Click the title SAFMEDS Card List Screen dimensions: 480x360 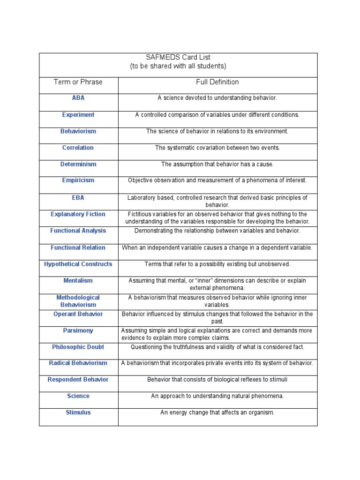pos(178,57)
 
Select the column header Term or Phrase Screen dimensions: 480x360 pos(78,82)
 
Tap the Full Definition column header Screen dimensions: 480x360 pos(217,82)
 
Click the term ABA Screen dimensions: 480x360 pos(78,98)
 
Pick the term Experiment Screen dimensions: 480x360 pos(78,115)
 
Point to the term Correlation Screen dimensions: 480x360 pos(78,148)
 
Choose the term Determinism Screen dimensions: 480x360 pos(78,164)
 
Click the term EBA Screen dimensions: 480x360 pos(78,198)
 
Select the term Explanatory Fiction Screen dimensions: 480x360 pos(78,214)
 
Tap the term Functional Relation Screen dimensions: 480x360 pos(78,247)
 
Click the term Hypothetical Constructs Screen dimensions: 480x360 pos(78,264)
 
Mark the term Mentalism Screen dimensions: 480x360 pos(78,281)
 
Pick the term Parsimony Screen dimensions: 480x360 pos(78,330)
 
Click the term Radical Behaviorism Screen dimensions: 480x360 pos(78,363)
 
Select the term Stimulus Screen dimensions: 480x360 pos(78,412)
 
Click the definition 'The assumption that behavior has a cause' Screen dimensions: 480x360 pos(217,165)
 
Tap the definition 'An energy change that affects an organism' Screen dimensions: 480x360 pos(217,412)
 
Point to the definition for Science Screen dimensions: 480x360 pos(217,396)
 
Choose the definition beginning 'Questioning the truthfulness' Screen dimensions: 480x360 pos(217,347)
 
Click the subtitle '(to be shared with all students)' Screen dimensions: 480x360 pos(178,66)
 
